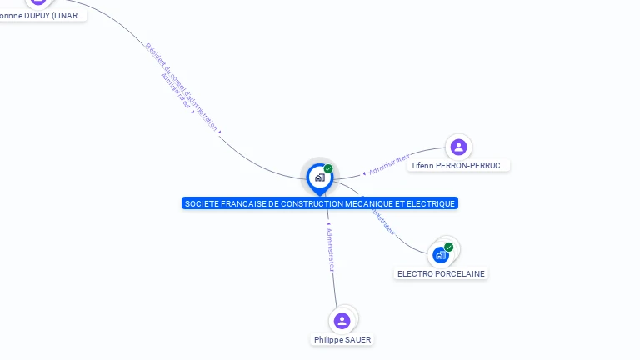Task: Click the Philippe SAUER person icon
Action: tap(342, 321)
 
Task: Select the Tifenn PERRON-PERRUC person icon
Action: tap(458, 147)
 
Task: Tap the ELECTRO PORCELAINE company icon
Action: tap(440, 255)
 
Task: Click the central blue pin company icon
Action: tap(319, 177)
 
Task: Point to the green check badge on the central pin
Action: tap(328, 169)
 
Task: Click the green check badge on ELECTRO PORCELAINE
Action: tap(449, 247)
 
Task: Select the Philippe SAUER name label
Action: tap(342, 340)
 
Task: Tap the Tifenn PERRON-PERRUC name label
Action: tap(458, 166)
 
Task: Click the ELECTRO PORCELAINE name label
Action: tap(441, 274)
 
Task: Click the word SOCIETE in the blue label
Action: tap(200, 203)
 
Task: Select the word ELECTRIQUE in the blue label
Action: tap(432, 203)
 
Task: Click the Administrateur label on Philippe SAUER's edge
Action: tap(331, 248)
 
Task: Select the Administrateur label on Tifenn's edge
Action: tap(388, 164)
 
